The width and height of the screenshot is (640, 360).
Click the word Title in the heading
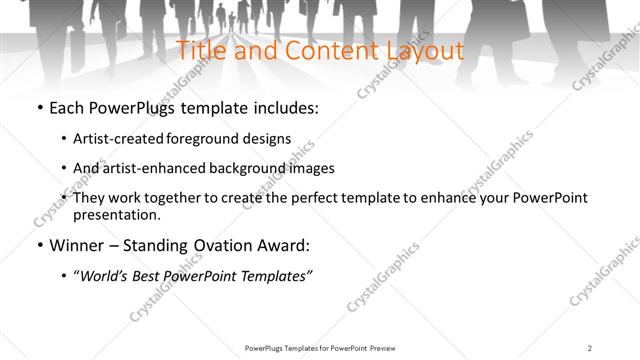(x=199, y=50)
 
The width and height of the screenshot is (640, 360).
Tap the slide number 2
(x=590, y=348)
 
